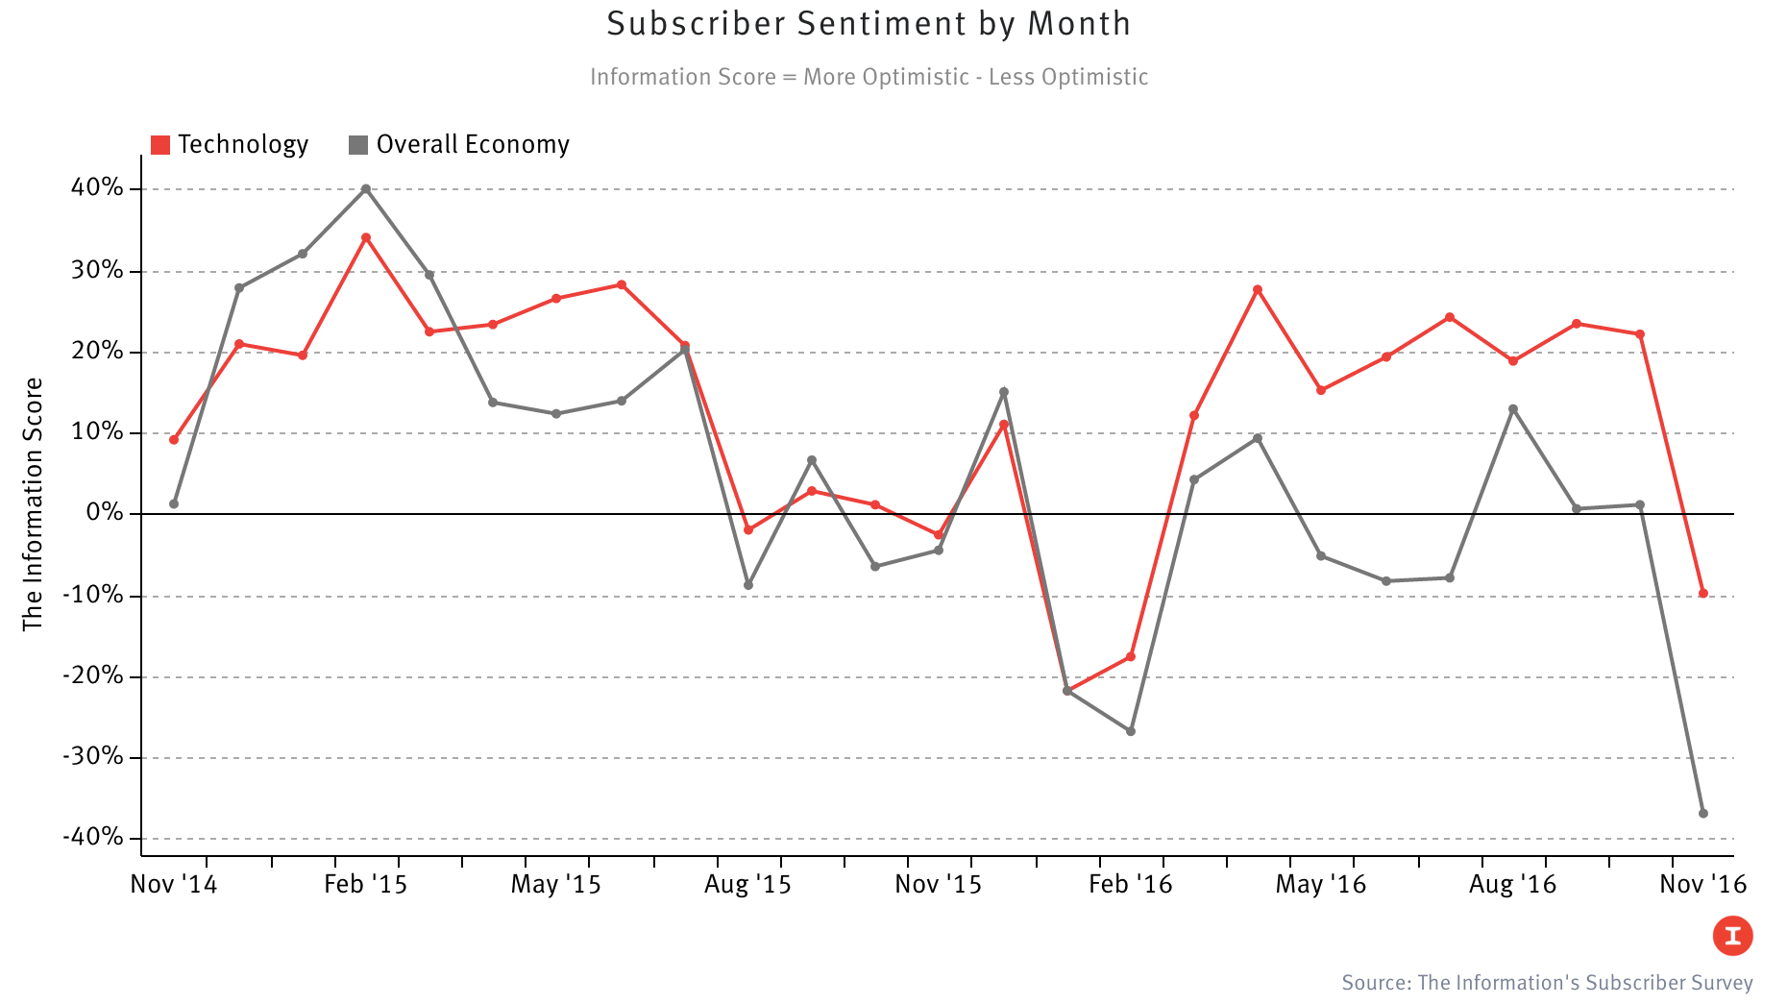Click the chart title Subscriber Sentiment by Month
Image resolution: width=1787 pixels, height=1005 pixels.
(x=869, y=24)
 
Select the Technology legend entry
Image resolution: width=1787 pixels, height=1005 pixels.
(x=231, y=145)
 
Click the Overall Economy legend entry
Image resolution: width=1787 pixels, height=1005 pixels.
(x=459, y=145)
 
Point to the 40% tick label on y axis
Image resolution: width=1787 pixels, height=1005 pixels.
(x=97, y=188)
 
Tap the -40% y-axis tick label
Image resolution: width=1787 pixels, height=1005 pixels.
(x=93, y=838)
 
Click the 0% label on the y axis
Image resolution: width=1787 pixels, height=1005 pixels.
(x=105, y=513)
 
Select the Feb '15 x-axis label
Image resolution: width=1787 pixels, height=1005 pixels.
(x=365, y=885)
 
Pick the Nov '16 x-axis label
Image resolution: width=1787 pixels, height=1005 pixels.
(x=1702, y=885)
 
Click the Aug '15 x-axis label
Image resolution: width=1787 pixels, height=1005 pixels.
(x=747, y=885)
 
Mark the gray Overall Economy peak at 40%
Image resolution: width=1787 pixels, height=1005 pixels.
(x=366, y=189)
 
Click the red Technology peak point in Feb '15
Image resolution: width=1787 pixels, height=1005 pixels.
(x=366, y=237)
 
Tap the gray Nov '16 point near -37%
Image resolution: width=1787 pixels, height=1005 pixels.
(x=1703, y=814)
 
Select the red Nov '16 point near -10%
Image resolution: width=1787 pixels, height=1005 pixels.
(x=1703, y=594)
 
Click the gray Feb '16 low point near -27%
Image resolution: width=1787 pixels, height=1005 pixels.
(x=1131, y=731)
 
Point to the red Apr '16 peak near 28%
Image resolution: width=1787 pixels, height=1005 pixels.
(x=1258, y=289)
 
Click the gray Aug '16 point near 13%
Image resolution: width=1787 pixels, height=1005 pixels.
(x=1513, y=409)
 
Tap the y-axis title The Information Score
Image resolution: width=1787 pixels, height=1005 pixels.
(x=34, y=504)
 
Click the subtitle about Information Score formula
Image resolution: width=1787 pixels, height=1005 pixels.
(x=869, y=77)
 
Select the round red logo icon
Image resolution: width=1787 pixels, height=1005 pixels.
(x=1732, y=936)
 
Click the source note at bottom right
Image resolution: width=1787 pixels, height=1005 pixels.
(x=1547, y=983)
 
